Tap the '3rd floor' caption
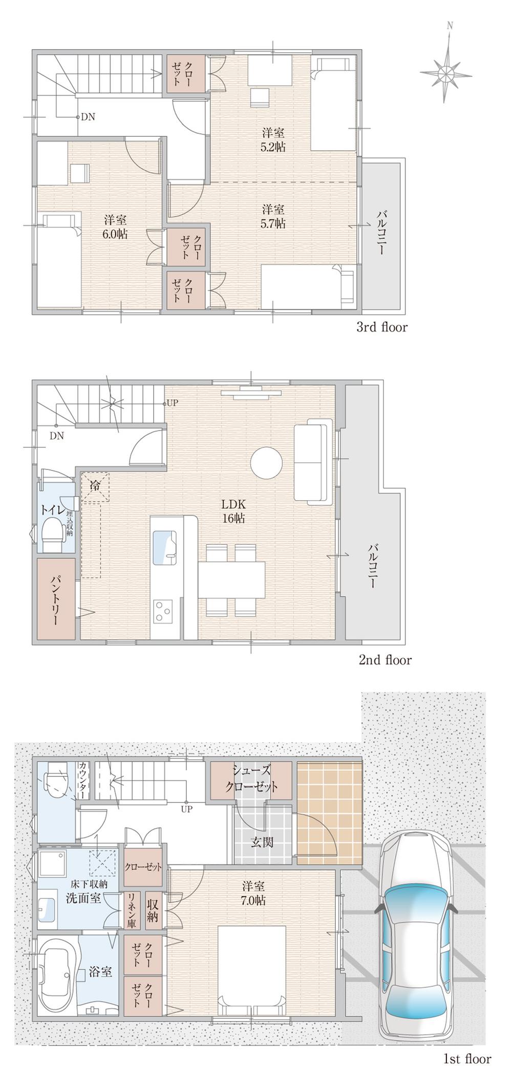[x=381, y=327]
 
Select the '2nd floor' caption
[x=385, y=660]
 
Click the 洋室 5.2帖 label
[x=273, y=140]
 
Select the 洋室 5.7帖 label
[x=273, y=216]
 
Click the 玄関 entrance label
[x=262, y=842]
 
